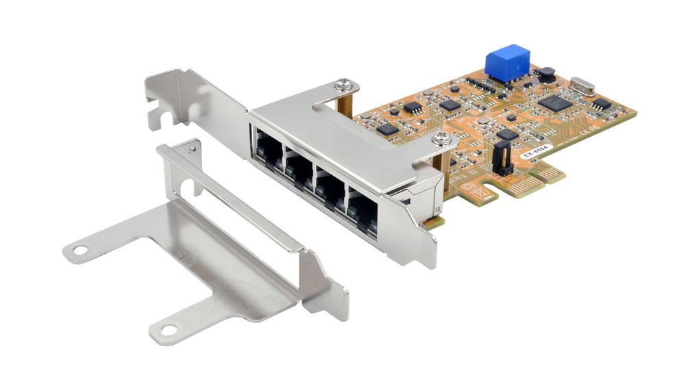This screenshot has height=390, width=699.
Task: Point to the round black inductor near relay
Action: coord(545,74)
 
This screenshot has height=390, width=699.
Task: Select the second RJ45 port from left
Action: coord(299,168)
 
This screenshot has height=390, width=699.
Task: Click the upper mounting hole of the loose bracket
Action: coord(80,250)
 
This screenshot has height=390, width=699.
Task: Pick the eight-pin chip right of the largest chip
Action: coord(601,103)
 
